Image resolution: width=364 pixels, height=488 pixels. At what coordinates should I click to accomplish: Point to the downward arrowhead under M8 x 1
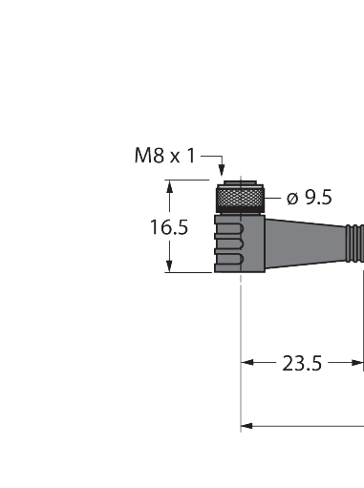tap(222, 172)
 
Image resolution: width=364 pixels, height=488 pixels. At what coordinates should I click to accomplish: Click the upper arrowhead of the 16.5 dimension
tap(171, 187)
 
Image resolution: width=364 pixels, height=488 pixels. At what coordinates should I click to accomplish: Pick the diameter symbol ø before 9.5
tap(293, 198)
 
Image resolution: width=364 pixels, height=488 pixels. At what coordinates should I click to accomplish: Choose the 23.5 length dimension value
tap(302, 363)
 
